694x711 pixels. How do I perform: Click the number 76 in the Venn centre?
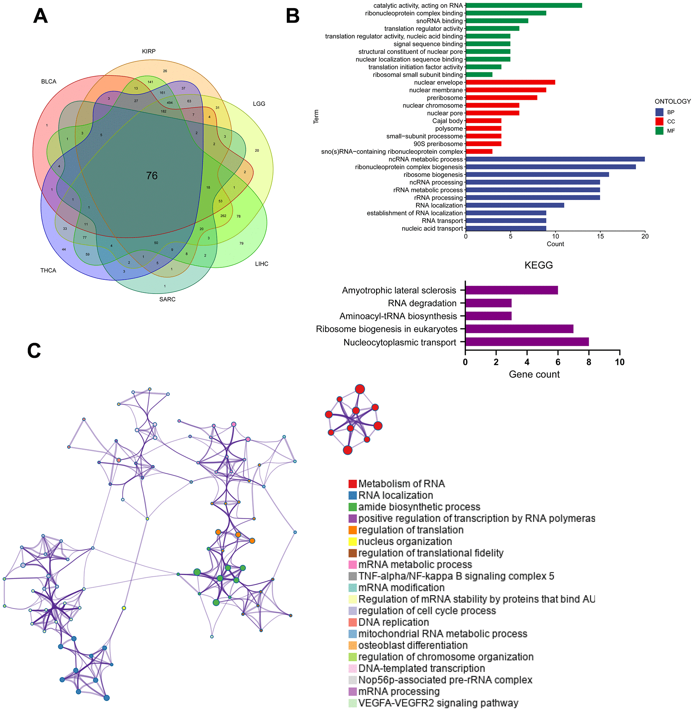[x=152, y=176]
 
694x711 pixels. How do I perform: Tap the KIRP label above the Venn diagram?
[x=149, y=52]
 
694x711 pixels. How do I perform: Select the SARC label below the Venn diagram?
[x=167, y=299]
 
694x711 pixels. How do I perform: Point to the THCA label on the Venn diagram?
[x=48, y=270]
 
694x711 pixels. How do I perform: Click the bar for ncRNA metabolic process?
[x=555, y=159]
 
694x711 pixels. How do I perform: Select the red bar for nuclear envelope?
[x=510, y=82]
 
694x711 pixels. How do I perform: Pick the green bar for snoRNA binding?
[x=497, y=21]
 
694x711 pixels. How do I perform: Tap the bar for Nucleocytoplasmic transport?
[x=527, y=342]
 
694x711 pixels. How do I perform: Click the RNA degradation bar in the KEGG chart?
[x=488, y=303]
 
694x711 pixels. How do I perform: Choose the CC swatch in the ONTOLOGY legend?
[x=659, y=121]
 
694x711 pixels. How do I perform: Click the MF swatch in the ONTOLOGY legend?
[x=659, y=131]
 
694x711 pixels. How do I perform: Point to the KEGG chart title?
[x=538, y=265]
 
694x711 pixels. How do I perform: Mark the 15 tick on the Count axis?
[x=600, y=236]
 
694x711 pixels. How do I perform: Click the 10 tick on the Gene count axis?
[x=619, y=362]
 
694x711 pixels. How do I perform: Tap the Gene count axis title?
[x=534, y=374]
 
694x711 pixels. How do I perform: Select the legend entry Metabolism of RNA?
[x=401, y=484]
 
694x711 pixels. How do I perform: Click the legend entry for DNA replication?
[x=393, y=622]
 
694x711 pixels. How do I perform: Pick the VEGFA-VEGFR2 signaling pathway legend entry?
[x=438, y=703]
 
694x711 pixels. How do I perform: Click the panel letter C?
[x=34, y=350]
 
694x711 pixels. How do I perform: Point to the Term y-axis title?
[x=316, y=116]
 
